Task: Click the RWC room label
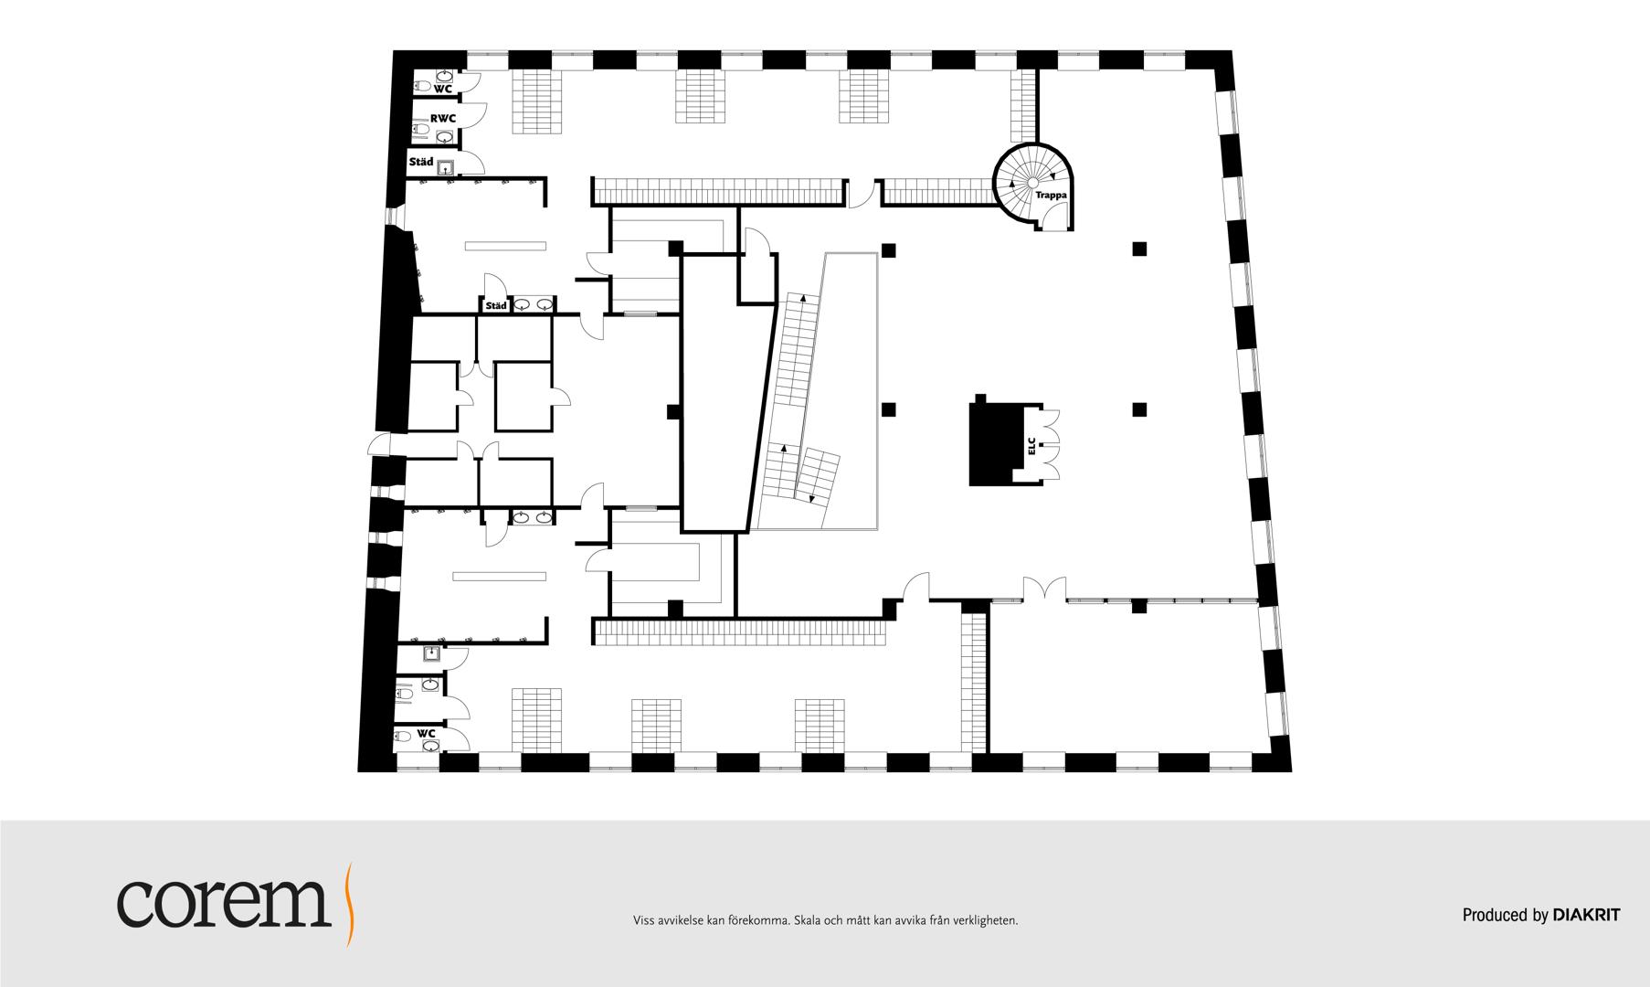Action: (443, 119)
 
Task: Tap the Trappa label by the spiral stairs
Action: (1051, 196)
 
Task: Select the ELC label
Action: (1031, 447)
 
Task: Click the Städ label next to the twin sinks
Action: (496, 306)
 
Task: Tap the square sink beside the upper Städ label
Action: (446, 167)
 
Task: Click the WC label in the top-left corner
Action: (443, 89)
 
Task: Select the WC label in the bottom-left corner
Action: (426, 733)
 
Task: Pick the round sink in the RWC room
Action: (445, 137)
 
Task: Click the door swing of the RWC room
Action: (473, 113)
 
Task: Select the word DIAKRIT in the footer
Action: (1586, 915)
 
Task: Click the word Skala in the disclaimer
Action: (809, 920)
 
